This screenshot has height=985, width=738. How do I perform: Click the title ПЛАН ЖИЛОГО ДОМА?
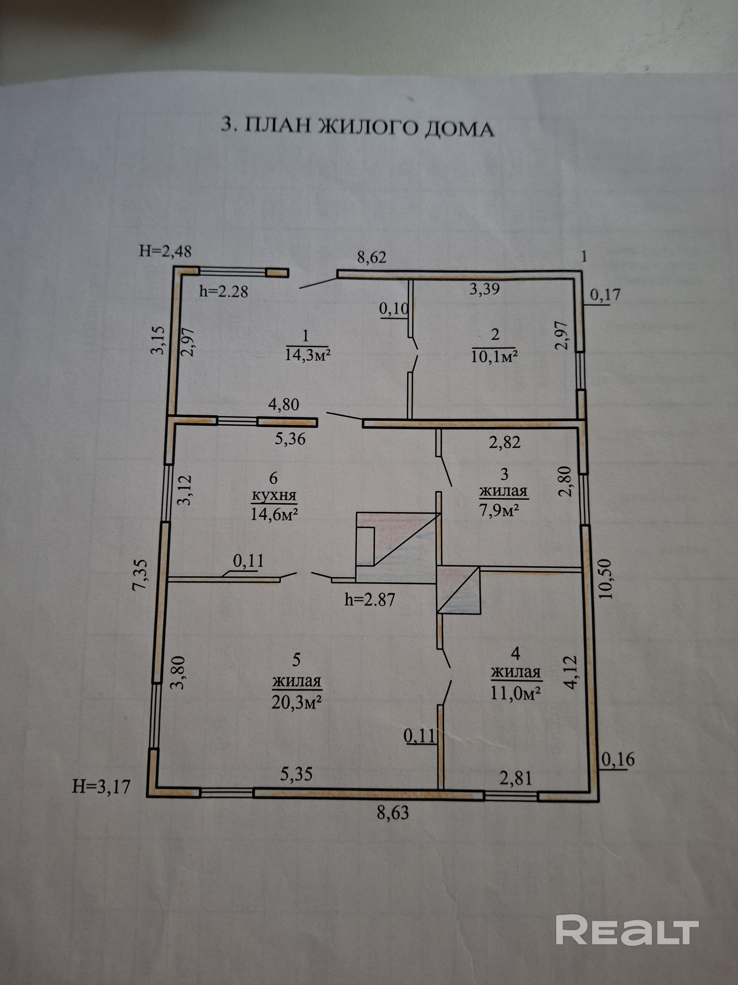pos(358,127)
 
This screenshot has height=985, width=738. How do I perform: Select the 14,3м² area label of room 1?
pos(307,355)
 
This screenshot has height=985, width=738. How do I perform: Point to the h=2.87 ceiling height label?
pos(370,600)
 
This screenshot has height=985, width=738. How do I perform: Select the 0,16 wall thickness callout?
pos(618,759)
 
